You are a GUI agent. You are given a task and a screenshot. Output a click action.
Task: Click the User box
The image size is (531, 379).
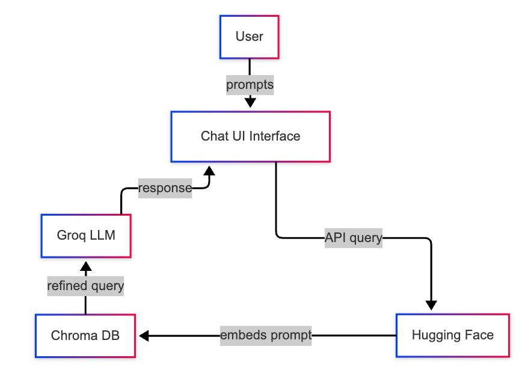pyautogui.click(x=249, y=37)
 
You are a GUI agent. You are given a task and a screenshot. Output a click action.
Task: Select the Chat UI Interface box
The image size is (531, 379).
pyautogui.click(x=250, y=136)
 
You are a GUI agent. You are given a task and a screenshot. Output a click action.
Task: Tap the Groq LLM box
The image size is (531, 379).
pyautogui.click(x=85, y=235)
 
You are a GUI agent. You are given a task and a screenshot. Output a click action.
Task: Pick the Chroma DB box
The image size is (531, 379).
pyautogui.click(x=85, y=335)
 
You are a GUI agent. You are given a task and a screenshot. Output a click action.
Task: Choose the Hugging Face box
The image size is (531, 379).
pyautogui.click(x=452, y=335)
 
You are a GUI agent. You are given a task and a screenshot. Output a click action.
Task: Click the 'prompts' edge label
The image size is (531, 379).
pyautogui.click(x=250, y=85)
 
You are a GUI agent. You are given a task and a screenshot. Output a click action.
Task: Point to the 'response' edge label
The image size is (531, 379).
pyautogui.click(x=165, y=188)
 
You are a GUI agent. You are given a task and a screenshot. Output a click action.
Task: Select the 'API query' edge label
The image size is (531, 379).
pyautogui.click(x=353, y=238)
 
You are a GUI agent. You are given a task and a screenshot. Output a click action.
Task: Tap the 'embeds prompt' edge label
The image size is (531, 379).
pyautogui.click(x=266, y=335)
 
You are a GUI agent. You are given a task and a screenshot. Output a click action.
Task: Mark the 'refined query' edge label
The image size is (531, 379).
pyautogui.click(x=85, y=286)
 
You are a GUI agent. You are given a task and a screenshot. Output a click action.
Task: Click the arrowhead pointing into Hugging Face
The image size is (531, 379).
pyautogui.click(x=431, y=304)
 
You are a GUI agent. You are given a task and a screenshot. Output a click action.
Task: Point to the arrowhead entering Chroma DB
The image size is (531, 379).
pyautogui.click(x=145, y=335)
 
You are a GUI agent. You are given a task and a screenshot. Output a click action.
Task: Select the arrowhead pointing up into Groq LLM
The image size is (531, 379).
pyautogui.click(x=85, y=265)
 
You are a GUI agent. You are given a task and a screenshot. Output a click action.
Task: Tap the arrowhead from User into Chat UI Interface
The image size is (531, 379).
pyautogui.click(x=250, y=103)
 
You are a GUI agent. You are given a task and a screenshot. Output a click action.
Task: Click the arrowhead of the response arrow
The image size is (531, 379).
pyautogui.click(x=209, y=171)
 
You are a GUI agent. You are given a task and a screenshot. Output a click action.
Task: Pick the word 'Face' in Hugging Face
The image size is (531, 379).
pyautogui.click(x=480, y=335)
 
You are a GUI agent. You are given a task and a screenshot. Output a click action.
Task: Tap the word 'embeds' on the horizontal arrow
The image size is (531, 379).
pyautogui.click(x=241, y=335)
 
